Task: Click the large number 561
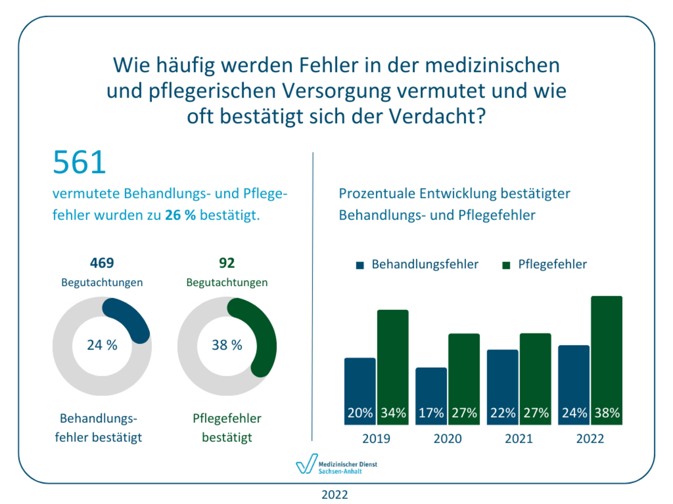click(80, 162)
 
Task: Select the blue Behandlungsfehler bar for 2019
click(360, 386)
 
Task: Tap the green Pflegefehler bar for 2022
click(606, 353)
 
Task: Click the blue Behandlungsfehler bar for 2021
click(503, 381)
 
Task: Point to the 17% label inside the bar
click(431, 413)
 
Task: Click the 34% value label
click(393, 413)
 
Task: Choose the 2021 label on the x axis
click(519, 438)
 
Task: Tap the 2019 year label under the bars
click(376, 438)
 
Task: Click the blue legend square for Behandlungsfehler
click(360, 265)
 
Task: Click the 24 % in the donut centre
click(102, 345)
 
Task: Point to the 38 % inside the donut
click(227, 345)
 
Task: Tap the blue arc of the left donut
click(130, 316)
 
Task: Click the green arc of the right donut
click(261, 336)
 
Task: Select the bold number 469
click(102, 263)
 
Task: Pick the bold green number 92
click(227, 263)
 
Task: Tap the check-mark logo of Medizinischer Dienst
click(306, 465)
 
